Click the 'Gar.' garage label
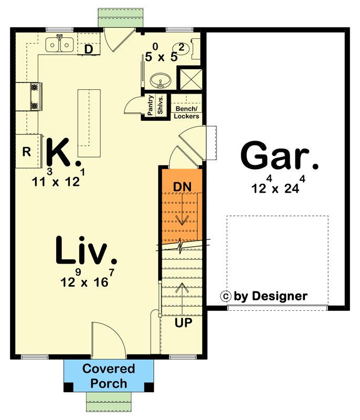(280, 156)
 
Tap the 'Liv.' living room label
(86, 251)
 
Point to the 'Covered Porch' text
(109, 376)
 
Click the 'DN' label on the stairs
(182, 186)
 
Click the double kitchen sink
(60, 46)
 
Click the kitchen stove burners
(35, 97)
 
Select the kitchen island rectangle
(89, 123)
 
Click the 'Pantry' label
(150, 106)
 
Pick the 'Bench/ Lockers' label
(186, 112)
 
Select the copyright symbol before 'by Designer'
(227, 296)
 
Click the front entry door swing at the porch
(108, 340)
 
